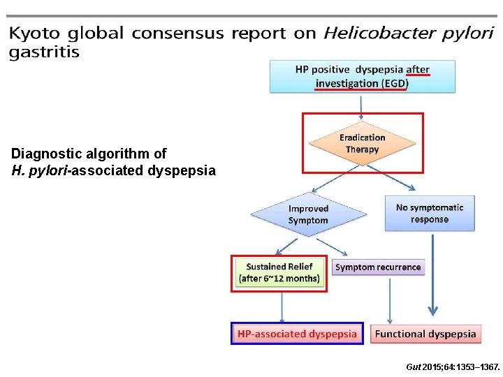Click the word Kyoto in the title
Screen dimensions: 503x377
[35, 34]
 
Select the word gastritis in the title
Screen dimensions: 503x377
[44, 53]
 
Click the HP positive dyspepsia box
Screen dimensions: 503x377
[363, 76]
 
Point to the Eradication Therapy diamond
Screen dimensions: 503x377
[362, 144]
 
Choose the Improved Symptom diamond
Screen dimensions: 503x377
[308, 214]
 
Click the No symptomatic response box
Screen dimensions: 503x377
[430, 213]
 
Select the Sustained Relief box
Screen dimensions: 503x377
[279, 272]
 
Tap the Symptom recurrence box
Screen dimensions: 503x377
[378, 267]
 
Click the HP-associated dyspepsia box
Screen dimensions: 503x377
[297, 334]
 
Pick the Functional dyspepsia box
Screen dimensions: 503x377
[425, 334]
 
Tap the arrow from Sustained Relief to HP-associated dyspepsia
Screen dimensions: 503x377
[281, 306]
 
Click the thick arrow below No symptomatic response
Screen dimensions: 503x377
[434, 276]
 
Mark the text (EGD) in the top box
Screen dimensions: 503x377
[395, 84]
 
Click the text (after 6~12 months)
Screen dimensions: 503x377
[279, 279]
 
